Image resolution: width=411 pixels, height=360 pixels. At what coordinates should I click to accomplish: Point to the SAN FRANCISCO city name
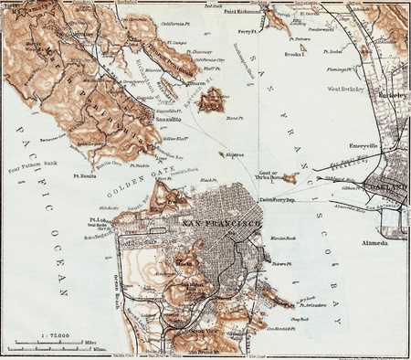tap(222, 222)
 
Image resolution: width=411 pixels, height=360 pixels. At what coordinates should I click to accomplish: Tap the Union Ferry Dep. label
tap(278, 199)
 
